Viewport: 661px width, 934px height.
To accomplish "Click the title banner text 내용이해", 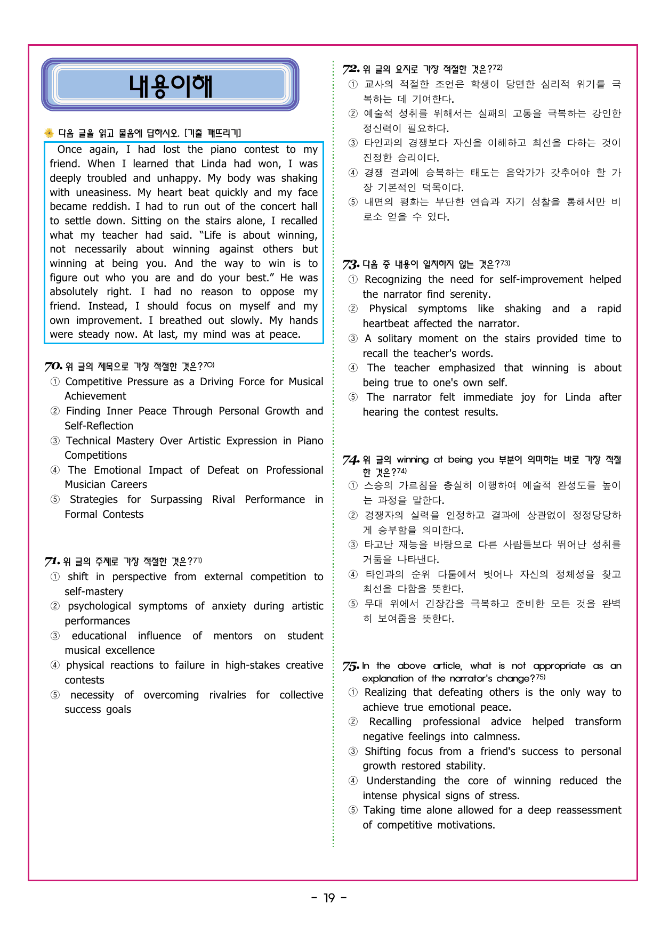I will (x=171, y=86).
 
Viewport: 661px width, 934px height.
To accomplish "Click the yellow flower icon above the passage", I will (x=49, y=133).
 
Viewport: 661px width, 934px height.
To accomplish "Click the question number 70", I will (x=53, y=367).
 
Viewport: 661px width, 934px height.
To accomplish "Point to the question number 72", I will (x=351, y=69).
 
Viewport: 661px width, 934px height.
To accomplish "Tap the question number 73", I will (x=351, y=264).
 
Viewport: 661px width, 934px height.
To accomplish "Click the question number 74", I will (x=351, y=460).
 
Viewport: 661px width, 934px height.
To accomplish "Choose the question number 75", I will (x=351, y=666).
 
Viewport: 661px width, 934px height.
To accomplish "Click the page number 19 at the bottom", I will (x=329, y=898).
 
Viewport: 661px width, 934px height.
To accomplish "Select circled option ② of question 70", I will (x=55, y=411).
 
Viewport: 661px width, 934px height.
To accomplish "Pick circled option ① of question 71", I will (x=55, y=576).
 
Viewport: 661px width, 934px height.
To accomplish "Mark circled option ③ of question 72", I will (x=353, y=143).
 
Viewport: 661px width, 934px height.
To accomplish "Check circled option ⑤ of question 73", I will (x=353, y=397).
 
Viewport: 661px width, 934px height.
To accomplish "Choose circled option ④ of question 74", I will (x=353, y=574).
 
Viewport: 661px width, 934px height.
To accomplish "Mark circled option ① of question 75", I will (x=353, y=692).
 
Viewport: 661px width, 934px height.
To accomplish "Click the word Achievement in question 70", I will (x=95, y=396).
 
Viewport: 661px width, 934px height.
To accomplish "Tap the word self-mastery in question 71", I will (x=94, y=591).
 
